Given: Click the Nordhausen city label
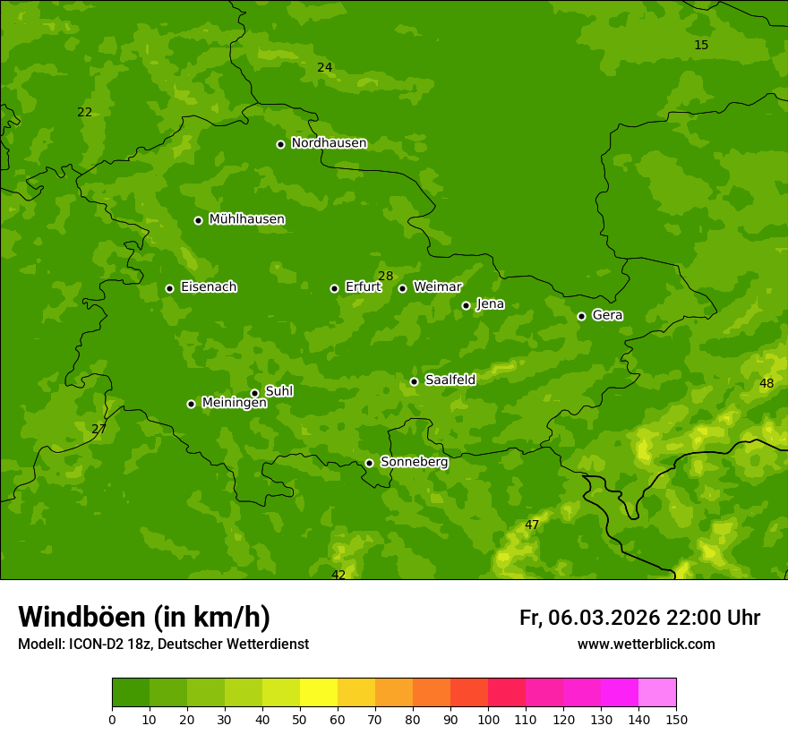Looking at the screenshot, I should [x=329, y=143].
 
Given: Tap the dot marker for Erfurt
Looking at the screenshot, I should [x=334, y=288].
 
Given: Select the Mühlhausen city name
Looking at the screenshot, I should [x=246, y=219].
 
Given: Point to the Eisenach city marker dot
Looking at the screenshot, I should [x=169, y=288].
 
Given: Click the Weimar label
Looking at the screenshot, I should [x=437, y=287].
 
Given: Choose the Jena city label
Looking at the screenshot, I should [x=490, y=304].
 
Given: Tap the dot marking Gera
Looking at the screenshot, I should [x=581, y=316].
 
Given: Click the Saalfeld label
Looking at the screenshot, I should [x=450, y=380].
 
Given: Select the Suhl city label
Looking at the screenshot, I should [x=278, y=391].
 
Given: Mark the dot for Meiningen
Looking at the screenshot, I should [x=191, y=404].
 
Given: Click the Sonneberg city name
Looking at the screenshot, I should [x=414, y=462].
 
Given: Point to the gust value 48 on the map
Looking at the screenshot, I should [x=767, y=383].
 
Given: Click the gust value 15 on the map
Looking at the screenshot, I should [x=701, y=45].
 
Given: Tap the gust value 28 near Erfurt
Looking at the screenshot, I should [x=385, y=276].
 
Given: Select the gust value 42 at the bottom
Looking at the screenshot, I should [x=338, y=575].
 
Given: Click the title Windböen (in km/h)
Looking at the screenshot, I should [x=144, y=617].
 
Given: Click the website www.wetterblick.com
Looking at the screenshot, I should [x=646, y=644].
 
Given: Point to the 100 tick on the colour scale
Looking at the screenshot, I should [x=488, y=719].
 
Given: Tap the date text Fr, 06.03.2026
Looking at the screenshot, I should [x=589, y=618].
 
